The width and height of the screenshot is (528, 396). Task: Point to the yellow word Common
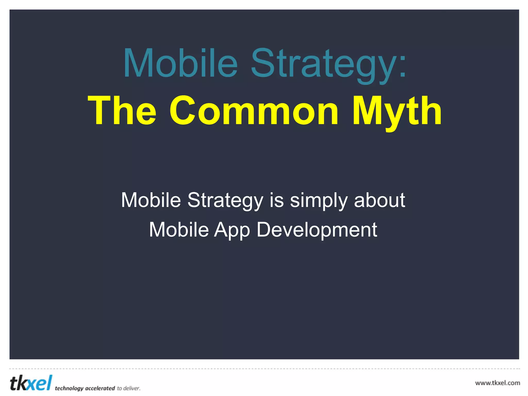[x=254, y=111]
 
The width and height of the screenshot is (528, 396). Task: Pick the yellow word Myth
[x=397, y=111]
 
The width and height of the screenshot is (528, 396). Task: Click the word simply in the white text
[x=319, y=201]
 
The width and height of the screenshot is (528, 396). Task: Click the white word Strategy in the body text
[x=225, y=201]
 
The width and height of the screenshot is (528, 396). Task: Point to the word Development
[x=317, y=230]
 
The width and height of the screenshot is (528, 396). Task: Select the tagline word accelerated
[x=100, y=388]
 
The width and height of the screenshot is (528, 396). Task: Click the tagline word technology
[x=69, y=388]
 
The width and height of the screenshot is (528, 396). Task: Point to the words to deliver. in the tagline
[x=129, y=388]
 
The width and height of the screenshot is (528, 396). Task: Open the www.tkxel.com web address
[x=497, y=383]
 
